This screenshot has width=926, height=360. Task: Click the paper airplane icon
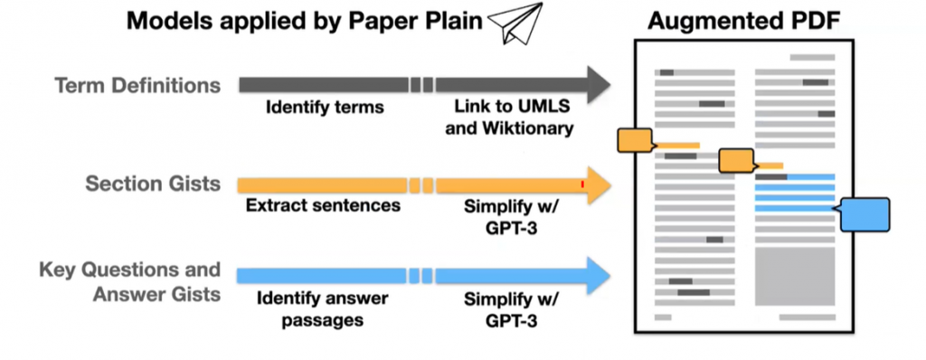click(x=515, y=22)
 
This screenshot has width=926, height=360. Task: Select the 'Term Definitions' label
click(x=137, y=86)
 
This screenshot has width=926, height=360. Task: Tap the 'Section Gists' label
click(x=153, y=184)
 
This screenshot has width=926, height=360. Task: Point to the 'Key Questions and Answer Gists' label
click(x=129, y=281)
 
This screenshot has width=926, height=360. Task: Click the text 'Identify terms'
click(x=325, y=108)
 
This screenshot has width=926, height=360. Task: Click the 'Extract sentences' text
click(x=323, y=205)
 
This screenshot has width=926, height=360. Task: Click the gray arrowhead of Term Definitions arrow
click(x=598, y=85)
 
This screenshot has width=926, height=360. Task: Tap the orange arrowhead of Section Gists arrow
click(x=598, y=184)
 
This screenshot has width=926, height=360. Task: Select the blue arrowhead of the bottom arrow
click(x=598, y=275)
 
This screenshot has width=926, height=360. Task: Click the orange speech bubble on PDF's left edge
click(x=634, y=140)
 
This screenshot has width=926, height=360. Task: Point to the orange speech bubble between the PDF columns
click(x=736, y=161)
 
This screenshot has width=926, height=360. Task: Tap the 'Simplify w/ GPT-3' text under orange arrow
click(x=512, y=216)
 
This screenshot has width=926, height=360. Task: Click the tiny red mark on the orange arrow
click(x=583, y=185)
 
